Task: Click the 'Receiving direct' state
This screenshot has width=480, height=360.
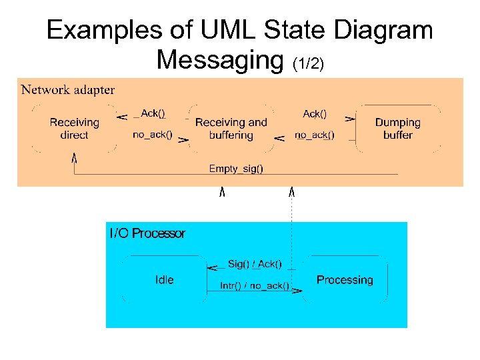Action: [x=74, y=129]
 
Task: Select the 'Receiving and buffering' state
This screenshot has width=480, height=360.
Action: [x=231, y=129]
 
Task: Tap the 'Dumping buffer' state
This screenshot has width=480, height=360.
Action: [x=397, y=129]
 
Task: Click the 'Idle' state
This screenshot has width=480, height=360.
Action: [x=164, y=280]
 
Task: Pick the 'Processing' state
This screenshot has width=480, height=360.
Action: [x=344, y=280]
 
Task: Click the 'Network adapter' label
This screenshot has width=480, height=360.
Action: [x=68, y=89]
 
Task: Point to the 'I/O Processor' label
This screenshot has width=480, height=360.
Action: [x=147, y=233]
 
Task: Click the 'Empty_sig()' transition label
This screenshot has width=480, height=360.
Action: [x=236, y=169]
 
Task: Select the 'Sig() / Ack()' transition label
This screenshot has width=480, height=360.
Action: [x=255, y=265]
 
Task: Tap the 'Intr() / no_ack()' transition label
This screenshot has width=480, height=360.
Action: [x=255, y=286]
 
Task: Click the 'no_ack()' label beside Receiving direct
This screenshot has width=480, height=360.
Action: [x=152, y=135]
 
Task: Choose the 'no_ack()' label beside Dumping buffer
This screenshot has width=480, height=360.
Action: [x=314, y=135]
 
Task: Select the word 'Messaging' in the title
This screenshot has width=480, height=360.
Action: [x=221, y=59]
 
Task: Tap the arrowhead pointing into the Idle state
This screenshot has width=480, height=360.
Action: [x=212, y=269]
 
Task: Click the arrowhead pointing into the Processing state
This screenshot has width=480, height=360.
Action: [x=297, y=291]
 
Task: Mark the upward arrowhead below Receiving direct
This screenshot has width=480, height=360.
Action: [x=74, y=158]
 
